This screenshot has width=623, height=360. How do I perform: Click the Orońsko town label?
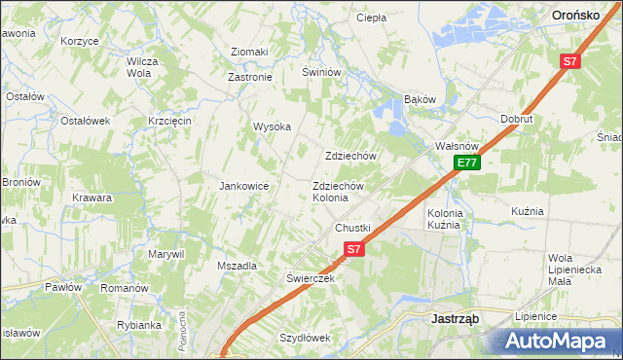[x=582, y=15]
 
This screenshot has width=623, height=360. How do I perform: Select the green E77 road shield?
[x=467, y=162]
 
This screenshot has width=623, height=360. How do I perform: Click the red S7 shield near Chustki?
[x=354, y=249]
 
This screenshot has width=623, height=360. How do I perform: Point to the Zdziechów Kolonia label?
[x=338, y=192]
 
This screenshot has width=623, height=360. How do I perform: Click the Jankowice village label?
[x=243, y=186]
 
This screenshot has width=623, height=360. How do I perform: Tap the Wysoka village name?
[x=273, y=126]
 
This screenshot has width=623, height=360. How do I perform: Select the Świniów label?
[x=321, y=72]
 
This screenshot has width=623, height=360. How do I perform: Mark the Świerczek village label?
[x=311, y=277]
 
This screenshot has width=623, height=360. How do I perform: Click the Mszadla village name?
[x=238, y=266]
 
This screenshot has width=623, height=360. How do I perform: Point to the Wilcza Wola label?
[x=142, y=66]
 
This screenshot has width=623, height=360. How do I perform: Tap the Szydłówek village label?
[x=306, y=338]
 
